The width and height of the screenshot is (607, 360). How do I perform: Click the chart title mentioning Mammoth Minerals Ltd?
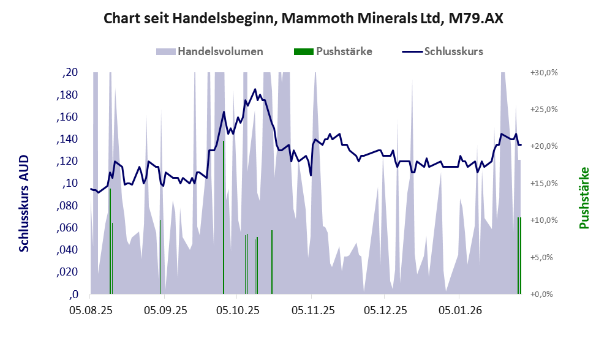click(303, 18)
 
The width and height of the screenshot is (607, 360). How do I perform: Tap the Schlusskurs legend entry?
click(453, 51)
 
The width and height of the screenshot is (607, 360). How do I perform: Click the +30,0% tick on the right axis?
click(543, 72)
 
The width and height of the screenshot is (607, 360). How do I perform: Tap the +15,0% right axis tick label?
click(543, 183)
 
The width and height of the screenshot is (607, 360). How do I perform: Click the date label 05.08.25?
click(90, 311)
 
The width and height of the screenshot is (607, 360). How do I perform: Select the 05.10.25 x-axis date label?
click(238, 311)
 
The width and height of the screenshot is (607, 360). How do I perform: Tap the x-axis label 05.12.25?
click(384, 311)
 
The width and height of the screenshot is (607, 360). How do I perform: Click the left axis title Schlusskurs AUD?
click(24, 203)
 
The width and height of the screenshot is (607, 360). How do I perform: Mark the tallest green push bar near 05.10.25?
click(224, 217)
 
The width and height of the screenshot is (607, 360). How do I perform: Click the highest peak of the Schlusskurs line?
click(255, 89)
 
